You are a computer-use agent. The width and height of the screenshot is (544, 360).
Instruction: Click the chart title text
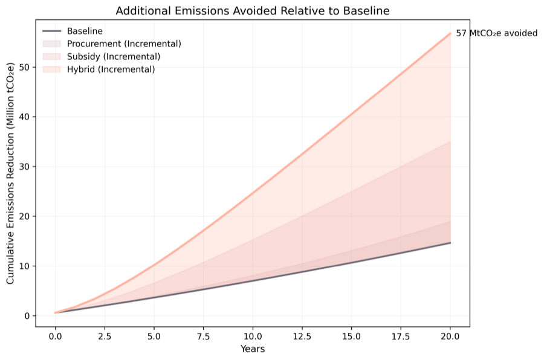click(252, 11)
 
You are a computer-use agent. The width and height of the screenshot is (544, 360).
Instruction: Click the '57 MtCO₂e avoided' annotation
click(496, 33)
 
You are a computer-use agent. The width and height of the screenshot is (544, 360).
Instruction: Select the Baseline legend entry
click(85, 31)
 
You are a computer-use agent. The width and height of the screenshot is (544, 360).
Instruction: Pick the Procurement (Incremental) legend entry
click(124, 43)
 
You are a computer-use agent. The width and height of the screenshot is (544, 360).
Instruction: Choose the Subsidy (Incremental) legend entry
click(114, 56)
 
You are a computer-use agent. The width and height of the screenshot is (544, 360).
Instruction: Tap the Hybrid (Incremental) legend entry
click(111, 69)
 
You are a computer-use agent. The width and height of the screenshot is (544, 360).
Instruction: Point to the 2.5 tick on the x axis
click(105, 336)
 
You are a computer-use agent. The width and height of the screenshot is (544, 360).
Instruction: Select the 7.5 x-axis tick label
click(203, 336)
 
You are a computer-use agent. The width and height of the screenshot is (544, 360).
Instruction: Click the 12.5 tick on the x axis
click(302, 336)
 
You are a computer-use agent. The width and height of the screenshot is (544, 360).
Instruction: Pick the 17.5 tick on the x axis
click(401, 336)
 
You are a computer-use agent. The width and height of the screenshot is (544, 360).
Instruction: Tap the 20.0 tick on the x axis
click(450, 336)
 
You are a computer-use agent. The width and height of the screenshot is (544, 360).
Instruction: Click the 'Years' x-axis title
click(253, 349)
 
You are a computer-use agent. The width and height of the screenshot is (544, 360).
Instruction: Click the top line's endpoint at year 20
click(450, 33)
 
